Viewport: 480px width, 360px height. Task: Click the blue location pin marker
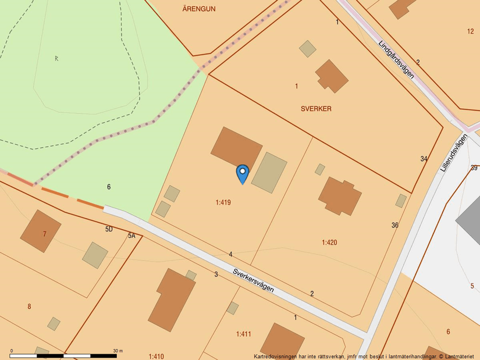pyautogui.click(x=243, y=173)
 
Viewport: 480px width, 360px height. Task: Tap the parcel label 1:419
pyautogui.click(x=223, y=202)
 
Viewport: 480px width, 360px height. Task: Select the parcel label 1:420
pyautogui.click(x=329, y=242)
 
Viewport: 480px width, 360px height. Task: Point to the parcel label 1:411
pyautogui.click(x=244, y=334)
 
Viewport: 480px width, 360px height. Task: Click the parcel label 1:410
pyautogui.click(x=156, y=356)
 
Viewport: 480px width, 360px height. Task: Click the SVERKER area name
pyautogui.click(x=316, y=109)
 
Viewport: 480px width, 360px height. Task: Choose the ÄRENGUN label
pyautogui.click(x=199, y=9)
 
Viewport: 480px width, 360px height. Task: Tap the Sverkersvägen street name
pyautogui.click(x=253, y=280)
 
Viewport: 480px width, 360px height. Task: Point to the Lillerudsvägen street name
pyautogui.click(x=454, y=152)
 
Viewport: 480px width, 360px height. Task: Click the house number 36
pyautogui.click(x=395, y=225)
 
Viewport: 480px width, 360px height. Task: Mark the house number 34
pyautogui.click(x=424, y=159)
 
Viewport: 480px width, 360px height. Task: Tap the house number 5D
pyautogui.click(x=109, y=229)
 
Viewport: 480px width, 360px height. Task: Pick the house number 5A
pyautogui.click(x=131, y=236)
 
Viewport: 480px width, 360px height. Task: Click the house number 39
pyautogui.click(x=474, y=168)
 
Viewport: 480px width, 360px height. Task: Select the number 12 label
pyautogui.click(x=470, y=31)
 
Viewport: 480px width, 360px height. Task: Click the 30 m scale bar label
pyautogui.click(x=118, y=351)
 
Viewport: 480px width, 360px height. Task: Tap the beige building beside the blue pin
pyautogui.click(x=269, y=172)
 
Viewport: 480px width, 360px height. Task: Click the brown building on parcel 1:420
pyautogui.click(x=340, y=195)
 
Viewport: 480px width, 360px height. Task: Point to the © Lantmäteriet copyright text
pyautogui.click(x=457, y=356)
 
